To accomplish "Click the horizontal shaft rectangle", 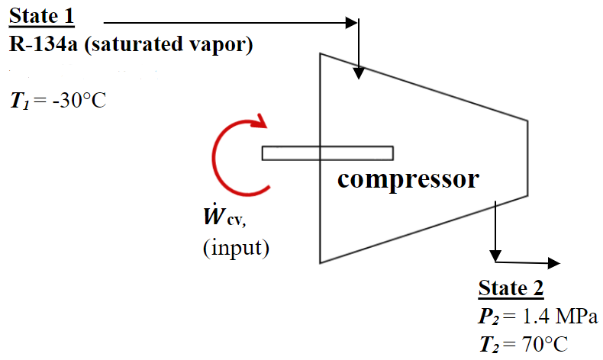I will pos(327,153).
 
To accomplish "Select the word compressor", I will pos(408,179).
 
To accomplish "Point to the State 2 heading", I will pos(511,288).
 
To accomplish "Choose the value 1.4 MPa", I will pos(558,317).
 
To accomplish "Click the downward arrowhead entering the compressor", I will pos(359,73).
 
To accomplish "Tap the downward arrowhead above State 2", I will pos(496,254).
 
